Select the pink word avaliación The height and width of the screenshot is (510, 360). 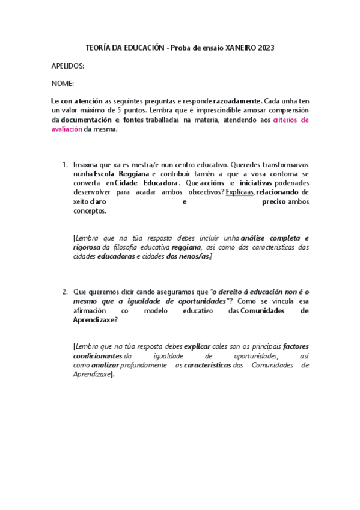click(67, 129)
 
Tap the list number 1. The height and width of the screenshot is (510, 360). click(65, 164)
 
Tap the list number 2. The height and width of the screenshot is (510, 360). click(65, 292)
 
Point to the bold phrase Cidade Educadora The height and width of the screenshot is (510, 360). click(147, 183)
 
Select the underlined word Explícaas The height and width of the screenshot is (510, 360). click(240, 192)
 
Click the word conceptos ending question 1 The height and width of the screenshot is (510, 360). click(90, 211)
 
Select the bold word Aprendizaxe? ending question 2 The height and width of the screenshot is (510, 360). click(95, 320)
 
